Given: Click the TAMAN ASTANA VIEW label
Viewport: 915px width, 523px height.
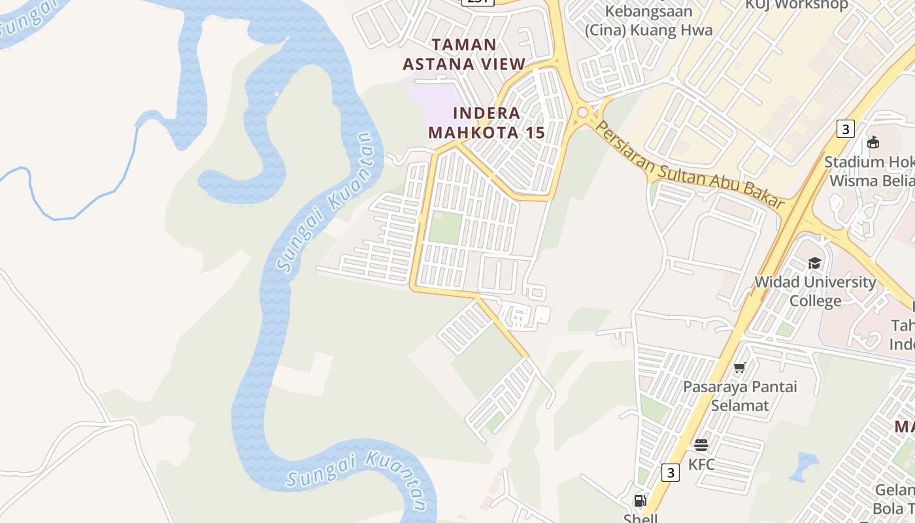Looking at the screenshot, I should pos(464,54).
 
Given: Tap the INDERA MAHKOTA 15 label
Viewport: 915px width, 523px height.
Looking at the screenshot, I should pos(486,123).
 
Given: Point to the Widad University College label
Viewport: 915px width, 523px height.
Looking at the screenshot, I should pos(815,291).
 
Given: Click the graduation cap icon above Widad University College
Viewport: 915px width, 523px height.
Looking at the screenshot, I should pos(814,263).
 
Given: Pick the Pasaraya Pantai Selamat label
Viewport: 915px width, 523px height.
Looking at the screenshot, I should pos(740,396).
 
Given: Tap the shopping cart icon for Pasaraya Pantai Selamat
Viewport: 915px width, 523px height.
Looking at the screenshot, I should pos(740,368).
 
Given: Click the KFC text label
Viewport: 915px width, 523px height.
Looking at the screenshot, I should pos(701,465).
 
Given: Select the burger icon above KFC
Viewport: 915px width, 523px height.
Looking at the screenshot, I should pos(701,445).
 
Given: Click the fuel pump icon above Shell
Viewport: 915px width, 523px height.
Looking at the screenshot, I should pos(640,501).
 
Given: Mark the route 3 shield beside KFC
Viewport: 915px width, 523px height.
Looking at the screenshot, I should pos(670,472).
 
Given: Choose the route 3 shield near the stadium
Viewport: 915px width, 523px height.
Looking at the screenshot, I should pos(845,129).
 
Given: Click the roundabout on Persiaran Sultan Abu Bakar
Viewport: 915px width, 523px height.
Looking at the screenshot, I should pos(582,112).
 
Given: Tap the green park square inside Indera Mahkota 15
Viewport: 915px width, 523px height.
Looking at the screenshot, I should pos(446,227).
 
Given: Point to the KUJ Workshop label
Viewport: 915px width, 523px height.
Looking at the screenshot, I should pos(797,5).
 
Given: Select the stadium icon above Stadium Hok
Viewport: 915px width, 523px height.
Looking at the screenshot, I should pos(873,142).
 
